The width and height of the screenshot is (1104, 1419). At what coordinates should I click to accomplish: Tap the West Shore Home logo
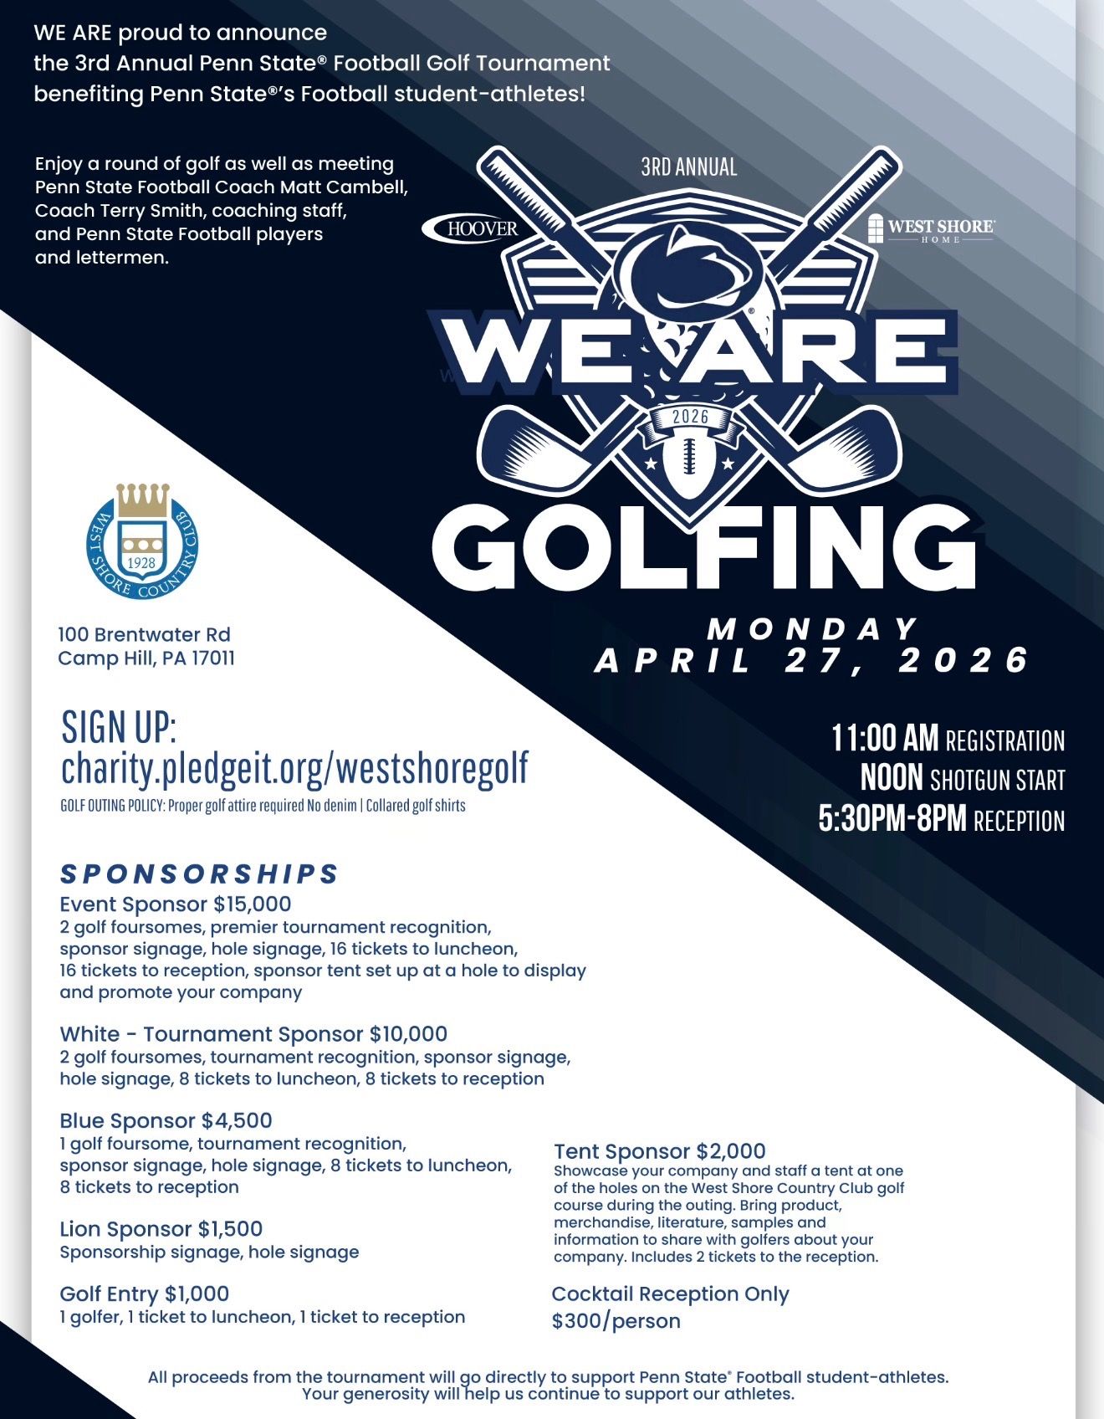click(930, 228)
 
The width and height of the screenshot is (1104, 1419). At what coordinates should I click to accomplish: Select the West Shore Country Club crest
click(143, 541)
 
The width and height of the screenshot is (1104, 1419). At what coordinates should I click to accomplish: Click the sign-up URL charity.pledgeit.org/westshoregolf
click(294, 767)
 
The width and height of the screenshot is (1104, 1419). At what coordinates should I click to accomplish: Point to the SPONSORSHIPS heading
click(199, 873)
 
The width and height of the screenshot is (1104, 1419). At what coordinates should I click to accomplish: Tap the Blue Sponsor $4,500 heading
click(166, 1121)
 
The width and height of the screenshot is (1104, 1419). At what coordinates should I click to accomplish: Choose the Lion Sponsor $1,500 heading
click(161, 1229)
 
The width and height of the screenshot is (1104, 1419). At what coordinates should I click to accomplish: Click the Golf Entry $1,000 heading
click(144, 1294)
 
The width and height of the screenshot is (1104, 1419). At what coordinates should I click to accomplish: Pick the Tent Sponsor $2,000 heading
click(659, 1151)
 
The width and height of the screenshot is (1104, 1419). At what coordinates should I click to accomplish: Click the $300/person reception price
click(616, 1321)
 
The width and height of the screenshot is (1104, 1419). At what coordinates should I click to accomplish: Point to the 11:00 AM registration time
click(885, 739)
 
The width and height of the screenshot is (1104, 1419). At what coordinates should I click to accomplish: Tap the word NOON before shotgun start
click(892, 779)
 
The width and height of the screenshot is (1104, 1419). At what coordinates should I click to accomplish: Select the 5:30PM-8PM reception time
click(892, 819)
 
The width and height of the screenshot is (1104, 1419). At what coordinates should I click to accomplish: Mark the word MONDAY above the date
click(812, 628)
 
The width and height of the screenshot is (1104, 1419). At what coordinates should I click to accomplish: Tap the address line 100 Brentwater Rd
click(144, 635)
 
